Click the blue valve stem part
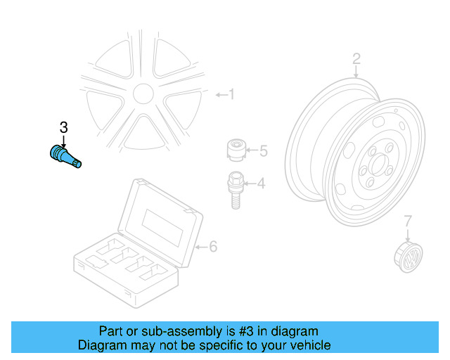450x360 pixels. [64, 155]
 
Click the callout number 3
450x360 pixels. [63, 127]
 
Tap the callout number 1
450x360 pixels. [232, 94]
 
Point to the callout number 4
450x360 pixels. [260, 184]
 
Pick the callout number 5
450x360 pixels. [264, 150]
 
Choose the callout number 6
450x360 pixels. [213, 246]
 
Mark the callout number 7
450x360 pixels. [408, 221]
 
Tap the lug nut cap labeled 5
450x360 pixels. [236, 150]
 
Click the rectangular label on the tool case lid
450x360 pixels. [162, 224]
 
